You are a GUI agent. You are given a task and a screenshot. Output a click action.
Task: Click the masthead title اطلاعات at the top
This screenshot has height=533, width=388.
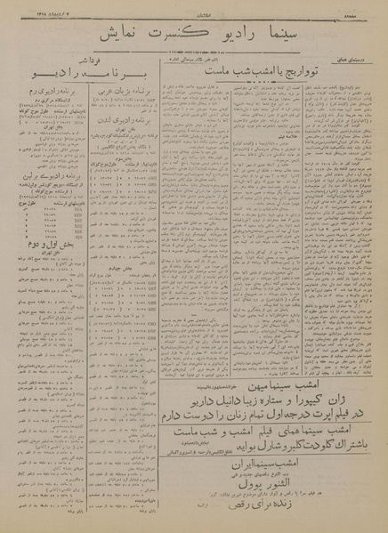coord(194,11)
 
